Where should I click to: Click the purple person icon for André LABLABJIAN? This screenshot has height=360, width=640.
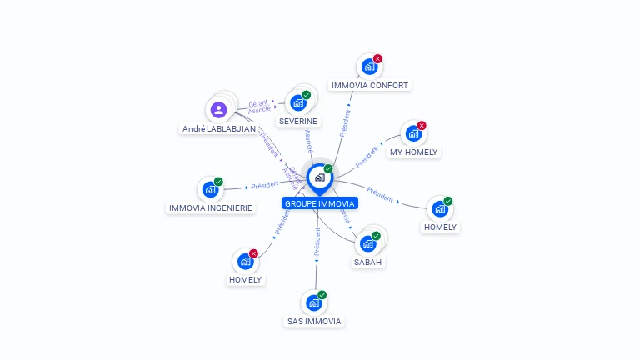point(218,109)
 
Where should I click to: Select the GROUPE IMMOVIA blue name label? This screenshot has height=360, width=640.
point(320,203)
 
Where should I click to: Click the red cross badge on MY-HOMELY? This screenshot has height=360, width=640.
point(422,126)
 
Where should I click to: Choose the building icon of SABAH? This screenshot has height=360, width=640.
point(367,243)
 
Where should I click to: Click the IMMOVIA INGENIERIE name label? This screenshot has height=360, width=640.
point(210,207)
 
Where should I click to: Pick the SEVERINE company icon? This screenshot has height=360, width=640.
point(297,103)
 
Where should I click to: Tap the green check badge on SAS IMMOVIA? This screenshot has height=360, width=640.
point(322,295)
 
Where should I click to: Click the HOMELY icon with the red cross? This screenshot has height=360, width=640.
point(245,261)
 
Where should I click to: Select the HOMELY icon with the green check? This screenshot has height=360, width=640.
point(439,208)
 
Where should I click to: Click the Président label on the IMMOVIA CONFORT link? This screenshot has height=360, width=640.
point(345,122)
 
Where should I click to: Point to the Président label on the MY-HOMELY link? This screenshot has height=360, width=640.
point(367,156)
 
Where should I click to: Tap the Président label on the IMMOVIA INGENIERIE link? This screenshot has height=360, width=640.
point(265,185)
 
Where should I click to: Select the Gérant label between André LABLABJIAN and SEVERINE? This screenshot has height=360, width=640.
point(258,104)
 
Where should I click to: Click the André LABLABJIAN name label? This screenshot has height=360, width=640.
point(219,129)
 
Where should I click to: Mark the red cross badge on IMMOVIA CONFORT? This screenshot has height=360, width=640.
point(377,59)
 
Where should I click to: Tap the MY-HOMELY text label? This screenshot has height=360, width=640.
point(414,152)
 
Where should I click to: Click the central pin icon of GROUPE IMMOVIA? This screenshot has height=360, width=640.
point(318,177)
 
